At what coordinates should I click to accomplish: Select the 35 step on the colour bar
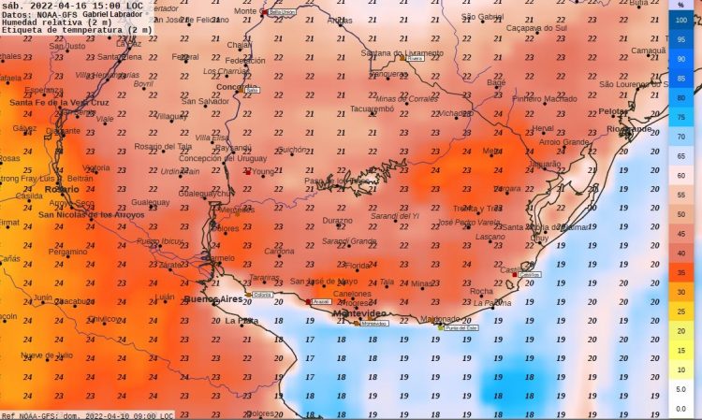pyautogui.click(x=680, y=272)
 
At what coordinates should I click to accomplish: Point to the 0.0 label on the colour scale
pyautogui.click(x=680, y=408)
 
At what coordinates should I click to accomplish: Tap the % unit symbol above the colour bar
pyautogui.click(x=680, y=5)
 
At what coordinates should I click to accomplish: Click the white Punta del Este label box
pyautogui.click(x=461, y=328)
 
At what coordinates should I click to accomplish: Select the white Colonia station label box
pyautogui.click(x=263, y=295)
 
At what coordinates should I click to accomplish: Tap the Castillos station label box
pyautogui.click(x=529, y=274)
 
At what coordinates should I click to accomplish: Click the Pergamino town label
pyautogui.click(x=67, y=252)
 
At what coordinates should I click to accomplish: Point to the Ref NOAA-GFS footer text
pyautogui.click(x=33, y=415)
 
